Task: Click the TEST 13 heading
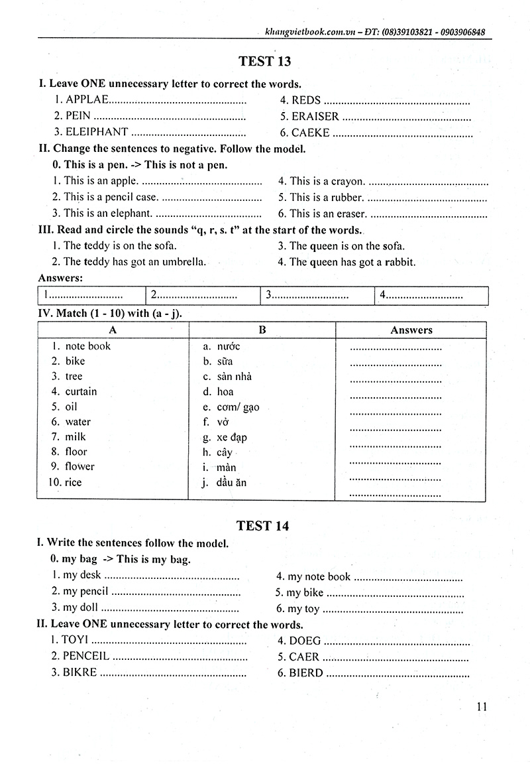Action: [264, 62]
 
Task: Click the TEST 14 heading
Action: [264, 526]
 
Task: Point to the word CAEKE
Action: [310, 132]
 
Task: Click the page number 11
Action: [482, 706]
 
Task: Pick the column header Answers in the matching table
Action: [411, 330]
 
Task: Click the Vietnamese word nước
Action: [229, 346]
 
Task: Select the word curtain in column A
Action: [81, 391]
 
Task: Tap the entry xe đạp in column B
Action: [231, 438]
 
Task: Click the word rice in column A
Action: [74, 482]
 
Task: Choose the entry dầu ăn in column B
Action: [231, 482]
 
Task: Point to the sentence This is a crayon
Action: [327, 181]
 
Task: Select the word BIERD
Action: [306, 672]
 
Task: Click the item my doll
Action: [79, 607]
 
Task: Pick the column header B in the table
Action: [262, 330]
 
